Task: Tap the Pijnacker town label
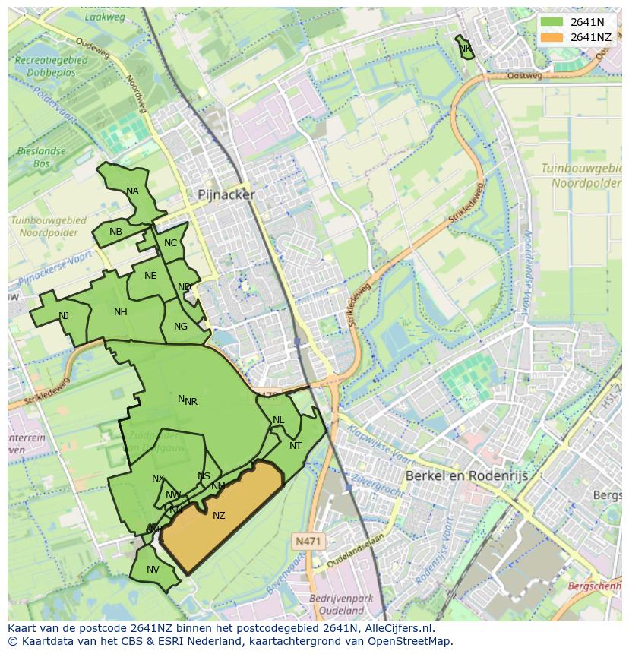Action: click(226, 194)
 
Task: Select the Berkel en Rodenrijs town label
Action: click(466, 475)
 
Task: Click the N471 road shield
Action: click(307, 541)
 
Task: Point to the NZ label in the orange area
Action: click(219, 516)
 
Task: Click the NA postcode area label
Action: click(133, 191)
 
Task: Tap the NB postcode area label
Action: click(115, 232)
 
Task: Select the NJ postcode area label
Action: click(64, 316)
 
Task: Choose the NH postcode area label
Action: click(120, 312)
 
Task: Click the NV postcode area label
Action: click(153, 570)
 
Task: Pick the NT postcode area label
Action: click(296, 446)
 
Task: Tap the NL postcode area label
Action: click(278, 420)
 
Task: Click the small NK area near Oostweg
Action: click(465, 48)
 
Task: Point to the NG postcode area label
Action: click(180, 327)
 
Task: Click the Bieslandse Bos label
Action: click(42, 157)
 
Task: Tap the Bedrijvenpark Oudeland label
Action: click(341, 605)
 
